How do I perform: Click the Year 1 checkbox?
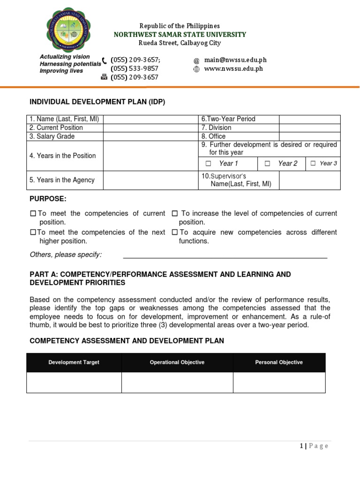(209, 164)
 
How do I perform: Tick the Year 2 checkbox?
(267, 164)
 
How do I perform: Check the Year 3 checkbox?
(313, 164)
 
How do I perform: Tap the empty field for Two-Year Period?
(309, 119)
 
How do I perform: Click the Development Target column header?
(74, 362)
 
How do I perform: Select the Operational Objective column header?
(177, 362)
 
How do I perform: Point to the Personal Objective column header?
(279, 362)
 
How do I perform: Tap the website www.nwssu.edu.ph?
(233, 69)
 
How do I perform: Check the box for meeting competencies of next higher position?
(33, 232)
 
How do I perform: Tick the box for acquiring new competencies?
(174, 232)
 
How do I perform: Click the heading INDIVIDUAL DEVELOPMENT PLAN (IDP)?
(97, 102)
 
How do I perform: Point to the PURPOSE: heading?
(48, 199)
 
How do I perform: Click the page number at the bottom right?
(314, 446)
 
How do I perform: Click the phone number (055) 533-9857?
(134, 69)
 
